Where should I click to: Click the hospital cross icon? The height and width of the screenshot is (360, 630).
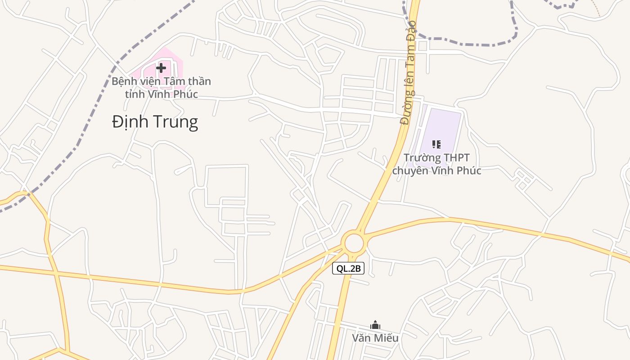tap(161, 68)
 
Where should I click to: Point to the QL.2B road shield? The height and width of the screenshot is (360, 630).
tap(348, 269)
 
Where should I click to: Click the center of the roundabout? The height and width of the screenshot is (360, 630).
tap(354, 243)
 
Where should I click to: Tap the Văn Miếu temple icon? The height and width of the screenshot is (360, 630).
tap(375, 325)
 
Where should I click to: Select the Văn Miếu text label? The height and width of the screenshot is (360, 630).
tap(375, 337)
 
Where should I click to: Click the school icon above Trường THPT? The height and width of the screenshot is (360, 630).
tap(436, 144)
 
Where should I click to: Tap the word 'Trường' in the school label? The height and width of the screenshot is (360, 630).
tap(420, 158)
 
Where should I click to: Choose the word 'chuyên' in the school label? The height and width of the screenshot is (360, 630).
tap(409, 171)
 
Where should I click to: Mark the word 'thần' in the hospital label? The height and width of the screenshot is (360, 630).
tap(200, 82)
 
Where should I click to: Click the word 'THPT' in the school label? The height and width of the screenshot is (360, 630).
tap(454, 158)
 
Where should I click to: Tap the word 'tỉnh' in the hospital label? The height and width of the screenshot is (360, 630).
tap(133, 94)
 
